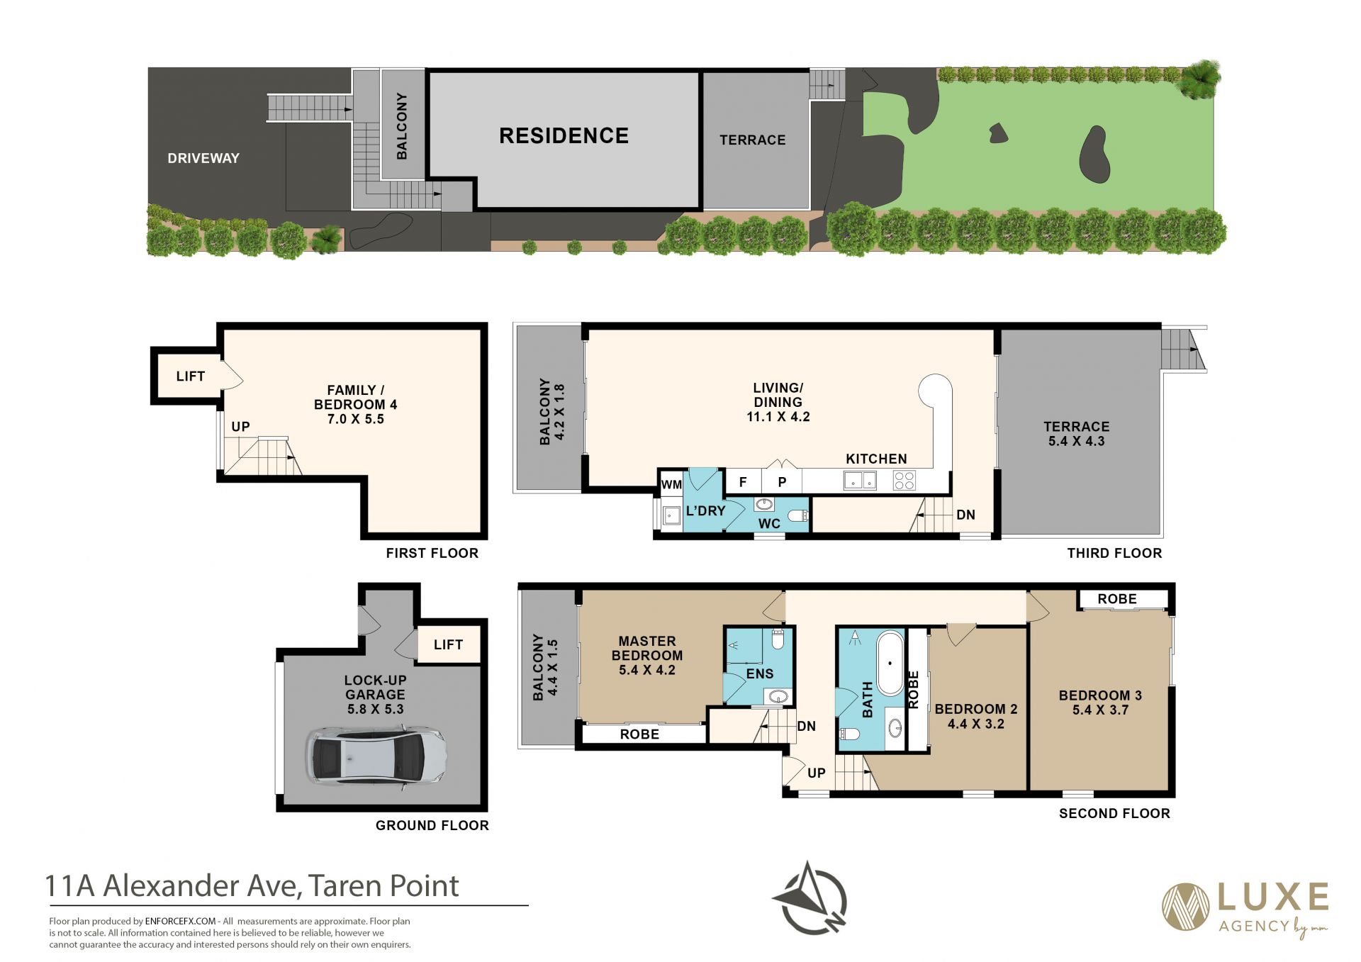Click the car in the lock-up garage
point(376,756)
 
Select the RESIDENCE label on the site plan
point(564,135)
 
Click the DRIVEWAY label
point(203,158)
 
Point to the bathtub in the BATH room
point(890,664)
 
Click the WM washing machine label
point(671,485)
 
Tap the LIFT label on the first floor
point(190,376)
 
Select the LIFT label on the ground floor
point(448,644)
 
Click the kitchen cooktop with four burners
point(904,481)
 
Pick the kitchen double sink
point(860,481)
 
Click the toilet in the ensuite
point(778,639)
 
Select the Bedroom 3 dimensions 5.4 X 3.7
point(1100,710)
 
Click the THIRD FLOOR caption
point(1114,553)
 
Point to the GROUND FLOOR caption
point(432,825)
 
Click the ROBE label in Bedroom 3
point(1117,599)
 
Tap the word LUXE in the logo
point(1273,897)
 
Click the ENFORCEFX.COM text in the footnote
point(180,922)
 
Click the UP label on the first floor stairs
point(240,427)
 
